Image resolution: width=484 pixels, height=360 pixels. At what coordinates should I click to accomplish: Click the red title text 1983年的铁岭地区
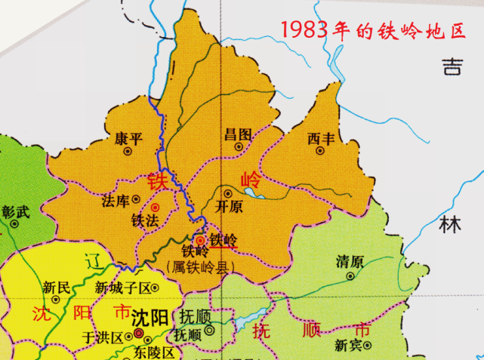pos(373,31)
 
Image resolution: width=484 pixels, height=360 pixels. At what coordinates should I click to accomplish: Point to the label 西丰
pos(321,138)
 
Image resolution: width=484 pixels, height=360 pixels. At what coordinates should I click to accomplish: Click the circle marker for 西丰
pos(320,151)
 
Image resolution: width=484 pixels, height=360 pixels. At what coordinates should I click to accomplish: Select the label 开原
pos(230,205)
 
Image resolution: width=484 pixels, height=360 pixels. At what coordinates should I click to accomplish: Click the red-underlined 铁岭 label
pos(224,240)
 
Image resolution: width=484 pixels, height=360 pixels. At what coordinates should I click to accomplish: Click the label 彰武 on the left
pos(16,212)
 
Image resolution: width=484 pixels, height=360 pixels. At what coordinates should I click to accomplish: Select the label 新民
pos(57,287)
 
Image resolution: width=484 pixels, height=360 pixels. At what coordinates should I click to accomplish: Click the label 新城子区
pos(124,288)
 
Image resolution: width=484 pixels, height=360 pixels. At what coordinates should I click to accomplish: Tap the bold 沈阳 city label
pos(149,318)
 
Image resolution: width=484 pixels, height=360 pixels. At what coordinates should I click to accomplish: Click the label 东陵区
pos(156,352)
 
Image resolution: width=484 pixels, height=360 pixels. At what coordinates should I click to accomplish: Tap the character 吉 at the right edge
pos(452,66)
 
